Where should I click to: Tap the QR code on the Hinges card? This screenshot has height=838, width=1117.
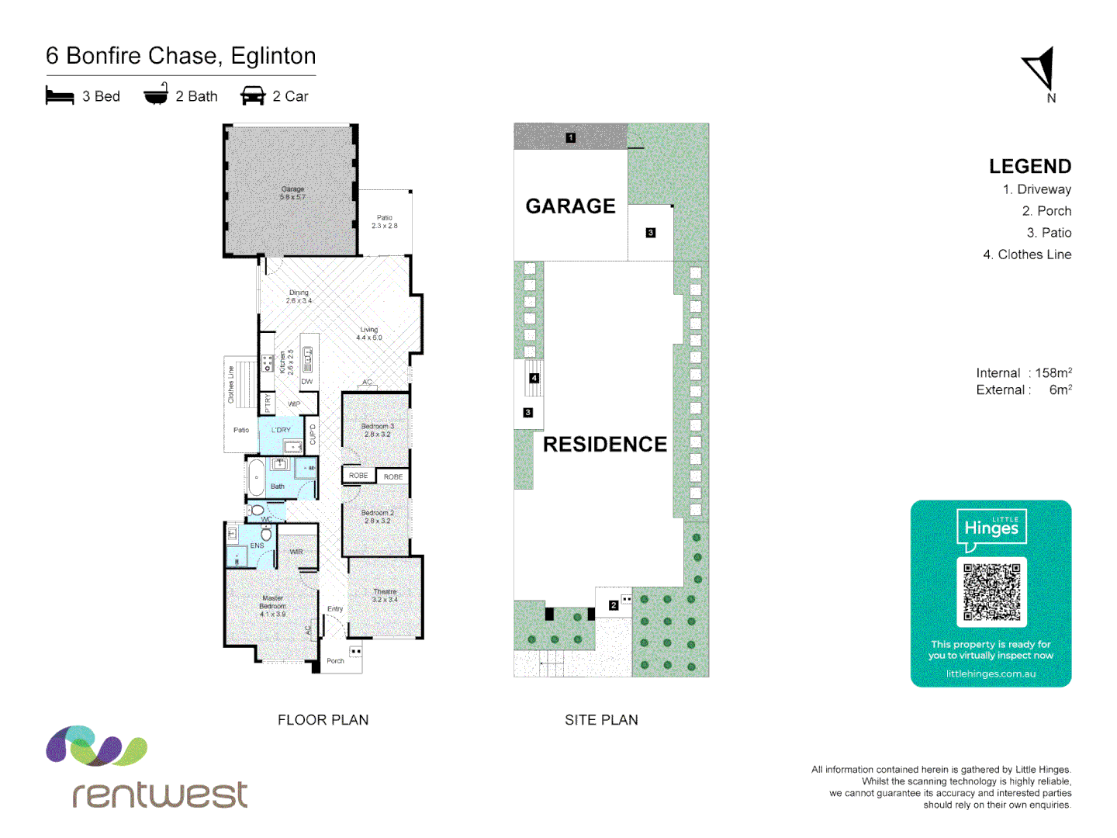[x=991, y=592]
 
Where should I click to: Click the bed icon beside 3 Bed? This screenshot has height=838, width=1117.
[x=60, y=96]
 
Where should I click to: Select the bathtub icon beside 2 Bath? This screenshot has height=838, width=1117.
[x=156, y=94]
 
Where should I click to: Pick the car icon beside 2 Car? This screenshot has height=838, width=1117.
[x=253, y=96]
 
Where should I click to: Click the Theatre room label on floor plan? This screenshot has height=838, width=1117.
[x=385, y=595]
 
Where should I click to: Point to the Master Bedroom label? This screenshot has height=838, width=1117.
[x=272, y=606]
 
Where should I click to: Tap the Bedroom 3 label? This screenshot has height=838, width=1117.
[x=378, y=430]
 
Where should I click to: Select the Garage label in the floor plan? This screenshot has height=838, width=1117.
[x=292, y=193]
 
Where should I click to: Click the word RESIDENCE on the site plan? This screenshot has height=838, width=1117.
[x=605, y=445]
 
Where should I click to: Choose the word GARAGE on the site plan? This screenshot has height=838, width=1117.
[x=570, y=206]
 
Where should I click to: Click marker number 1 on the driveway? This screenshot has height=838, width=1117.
[x=571, y=138]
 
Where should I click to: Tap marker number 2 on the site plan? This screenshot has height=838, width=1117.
[x=614, y=605]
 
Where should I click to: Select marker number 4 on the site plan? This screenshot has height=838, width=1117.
[x=534, y=379]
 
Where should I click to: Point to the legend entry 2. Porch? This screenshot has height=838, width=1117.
[x=1046, y=211]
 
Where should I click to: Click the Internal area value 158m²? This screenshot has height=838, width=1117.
[x=1053, y=373]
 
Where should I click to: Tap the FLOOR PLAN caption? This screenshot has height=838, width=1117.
[x=323, y=720]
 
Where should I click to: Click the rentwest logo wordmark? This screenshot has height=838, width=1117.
[x=160, y=795]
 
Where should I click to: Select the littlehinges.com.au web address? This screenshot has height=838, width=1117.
[x=991, y=674]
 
